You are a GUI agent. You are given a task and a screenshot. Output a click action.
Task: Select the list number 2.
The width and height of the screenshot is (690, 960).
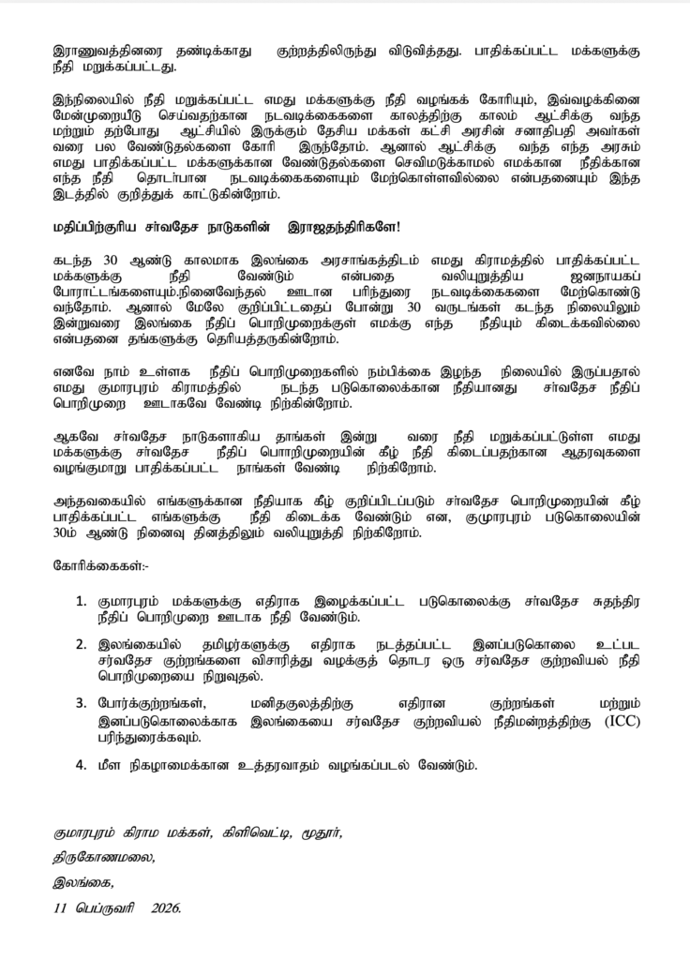(81, 645)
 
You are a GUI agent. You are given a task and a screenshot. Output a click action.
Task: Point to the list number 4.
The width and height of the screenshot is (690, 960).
(81, 764)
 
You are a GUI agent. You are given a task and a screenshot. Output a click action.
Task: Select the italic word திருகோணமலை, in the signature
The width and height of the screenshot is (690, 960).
(103, 856)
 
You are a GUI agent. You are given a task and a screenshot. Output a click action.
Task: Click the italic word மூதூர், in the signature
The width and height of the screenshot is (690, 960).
(322, 832)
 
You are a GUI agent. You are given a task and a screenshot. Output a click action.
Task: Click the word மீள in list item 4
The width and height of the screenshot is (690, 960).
(110, 764)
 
